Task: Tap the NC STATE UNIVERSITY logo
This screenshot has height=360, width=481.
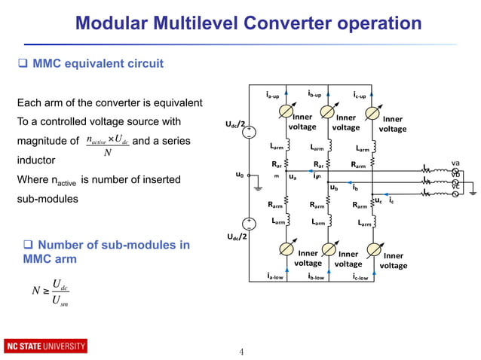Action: [x=45, y=346]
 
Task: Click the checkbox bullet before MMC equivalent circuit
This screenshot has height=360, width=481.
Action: [x=22, y=64]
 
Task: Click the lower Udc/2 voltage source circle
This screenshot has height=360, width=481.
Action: [x=248, y=224]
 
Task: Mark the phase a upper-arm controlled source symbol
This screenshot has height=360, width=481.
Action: [x=283, y=111]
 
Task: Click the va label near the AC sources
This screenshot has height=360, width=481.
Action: [x=455, y=163]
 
